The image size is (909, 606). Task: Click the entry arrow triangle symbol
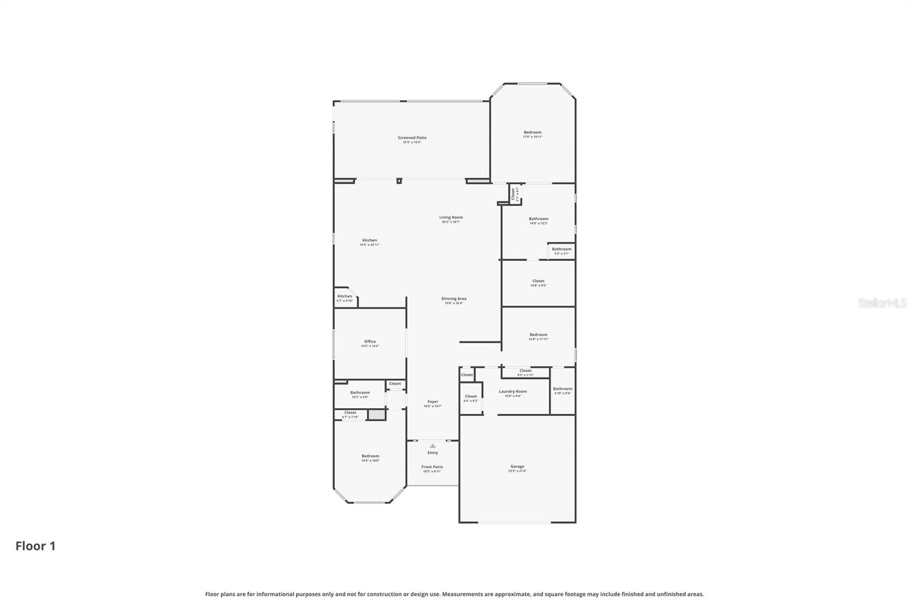coord(432,446)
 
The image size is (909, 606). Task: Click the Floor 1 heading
coord(35,546)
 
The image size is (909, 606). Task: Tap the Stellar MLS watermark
coord(882,304)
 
